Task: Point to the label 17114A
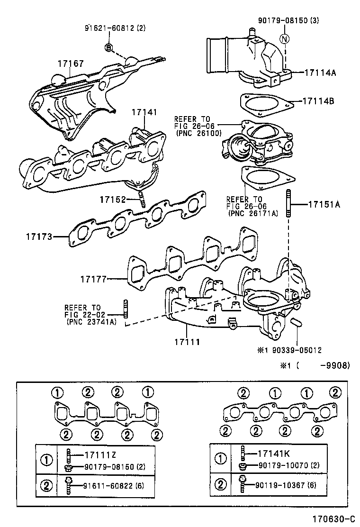point(320,73)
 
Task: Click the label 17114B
point(320,101)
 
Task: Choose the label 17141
point(144,113)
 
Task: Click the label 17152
point(113,200)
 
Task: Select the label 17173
point(39,236)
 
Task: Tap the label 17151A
point(324,204)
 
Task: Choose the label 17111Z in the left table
point(100,455)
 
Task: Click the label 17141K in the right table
point(275,454)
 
